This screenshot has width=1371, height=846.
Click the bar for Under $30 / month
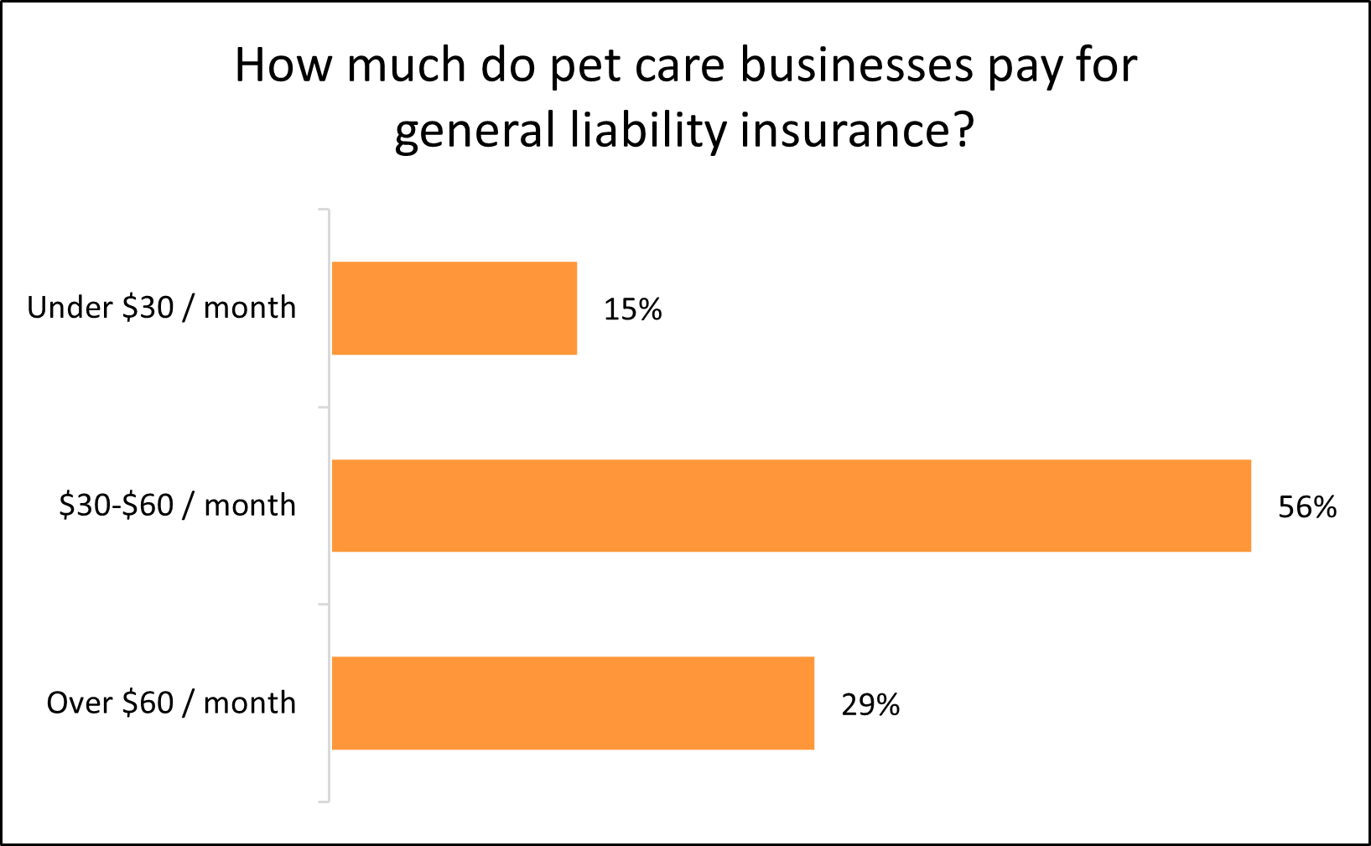point(454,308)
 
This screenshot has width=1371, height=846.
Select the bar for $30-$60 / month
point(791,506)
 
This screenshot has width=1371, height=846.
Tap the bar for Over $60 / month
point(573,703)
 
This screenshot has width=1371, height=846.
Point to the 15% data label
point(632,310)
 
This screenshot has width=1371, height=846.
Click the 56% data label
point(1306,507)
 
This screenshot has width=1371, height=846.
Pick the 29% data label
point(870,705)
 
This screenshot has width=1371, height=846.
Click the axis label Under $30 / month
point(162,308)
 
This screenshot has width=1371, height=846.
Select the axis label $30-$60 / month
point(177,506)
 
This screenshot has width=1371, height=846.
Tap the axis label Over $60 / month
point(171,703)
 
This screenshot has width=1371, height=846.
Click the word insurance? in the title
point(857,132)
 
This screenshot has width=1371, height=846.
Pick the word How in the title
point(280,65)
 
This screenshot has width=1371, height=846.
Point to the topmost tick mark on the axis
point(324,210)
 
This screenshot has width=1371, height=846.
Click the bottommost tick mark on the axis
point(324,802)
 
